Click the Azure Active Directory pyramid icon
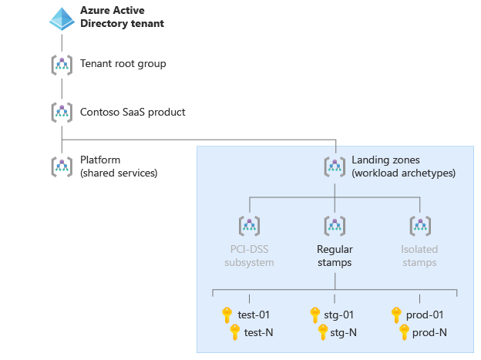tap(62, 19)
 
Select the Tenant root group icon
tap(62, 64)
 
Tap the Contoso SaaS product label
tap(133, 112)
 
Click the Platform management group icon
tap(62, 166)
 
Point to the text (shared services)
tap(119, 173)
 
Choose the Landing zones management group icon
tap(335, 166)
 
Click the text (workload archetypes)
tap(403, 173)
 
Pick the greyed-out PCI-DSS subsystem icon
tap(249, 225)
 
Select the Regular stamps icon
tap(335, 225)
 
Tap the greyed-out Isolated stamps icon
tap(419, 225)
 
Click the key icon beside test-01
tap(227, 315)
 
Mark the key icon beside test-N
tap(236, 332)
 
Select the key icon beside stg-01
tap(314, 315)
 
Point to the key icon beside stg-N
tap(324, 332)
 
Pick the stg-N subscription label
tap(342, 332)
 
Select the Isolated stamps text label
tap(419, 256)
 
